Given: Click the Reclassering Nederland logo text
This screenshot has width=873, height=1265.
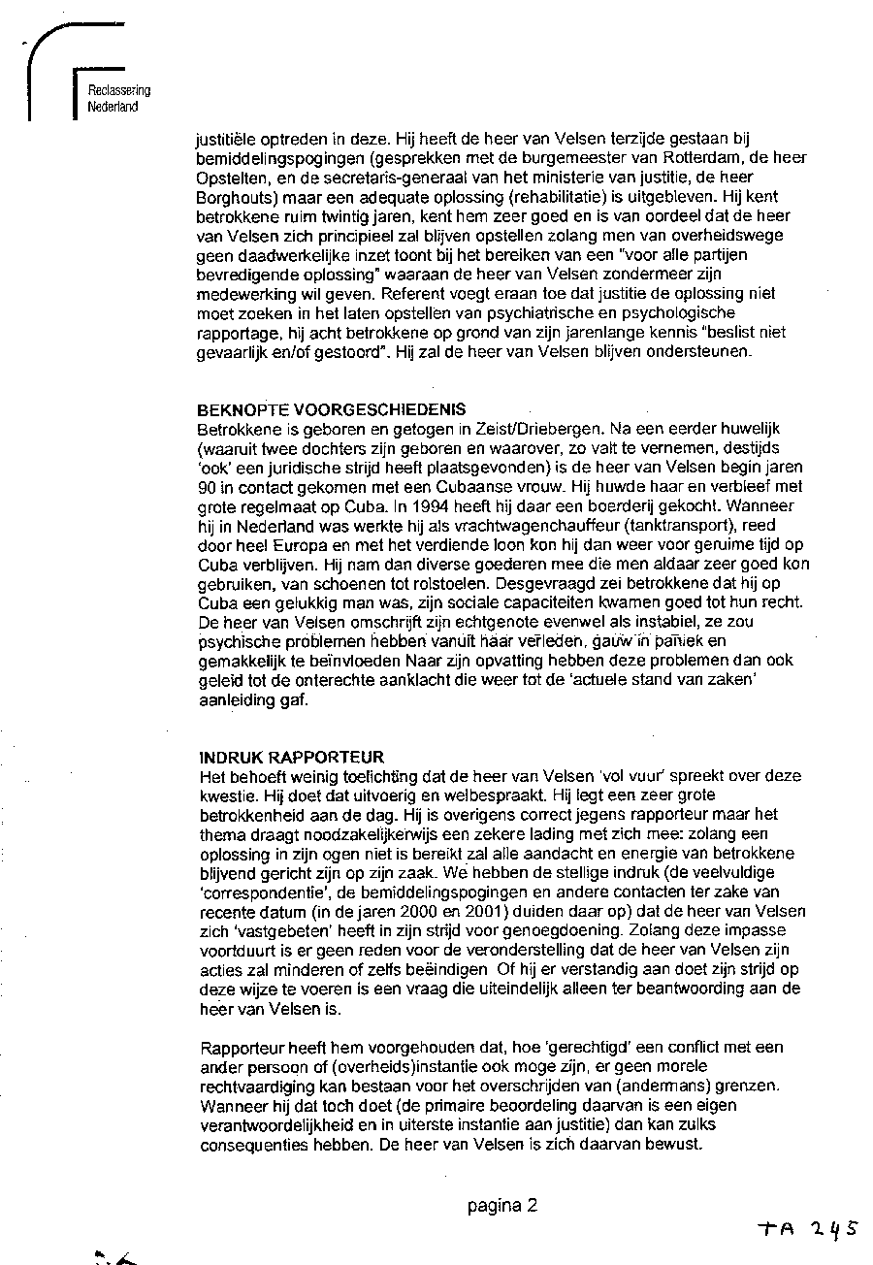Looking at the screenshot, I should click(x=118, y=99).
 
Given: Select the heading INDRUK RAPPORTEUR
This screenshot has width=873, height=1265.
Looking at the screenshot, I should click(x=277, y=757).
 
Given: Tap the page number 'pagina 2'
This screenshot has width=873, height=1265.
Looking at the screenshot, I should click(x=501, y=1206).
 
